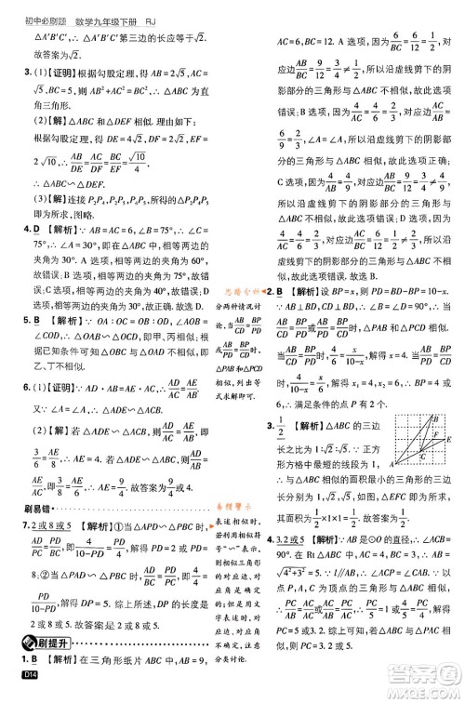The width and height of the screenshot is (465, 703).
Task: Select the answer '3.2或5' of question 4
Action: [x=297, y=539]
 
